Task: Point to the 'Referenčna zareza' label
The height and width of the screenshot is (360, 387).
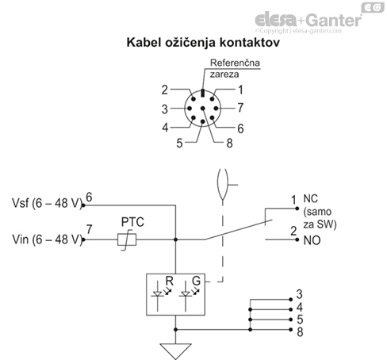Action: [234, 68]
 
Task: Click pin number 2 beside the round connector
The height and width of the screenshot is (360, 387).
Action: [164, 90]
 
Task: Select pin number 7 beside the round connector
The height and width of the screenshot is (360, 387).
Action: [240, 107]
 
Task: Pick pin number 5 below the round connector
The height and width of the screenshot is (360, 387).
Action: [180, 143]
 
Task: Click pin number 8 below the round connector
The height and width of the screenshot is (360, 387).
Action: [229, 144]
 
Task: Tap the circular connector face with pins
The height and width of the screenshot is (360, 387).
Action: [202, 109]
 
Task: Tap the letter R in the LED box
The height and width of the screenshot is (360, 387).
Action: [170, 281]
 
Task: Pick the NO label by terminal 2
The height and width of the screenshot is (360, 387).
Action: [311, 239]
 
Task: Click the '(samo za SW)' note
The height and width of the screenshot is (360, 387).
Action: [320, 219]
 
